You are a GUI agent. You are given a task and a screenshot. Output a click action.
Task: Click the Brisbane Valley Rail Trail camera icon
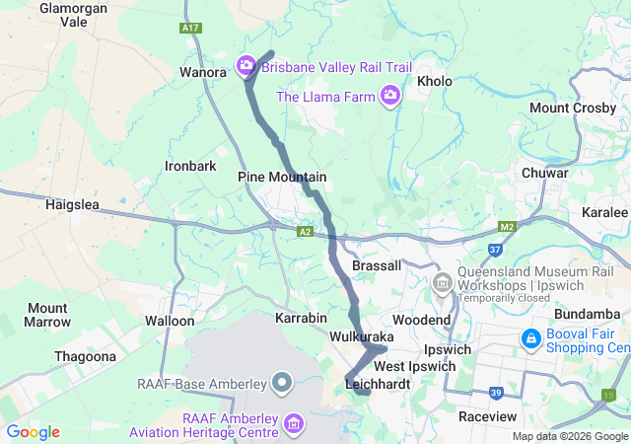(245, 67)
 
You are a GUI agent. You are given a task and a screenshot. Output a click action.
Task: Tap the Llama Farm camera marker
(390, 96)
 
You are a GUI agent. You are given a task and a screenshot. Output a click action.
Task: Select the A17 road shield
(191, 29)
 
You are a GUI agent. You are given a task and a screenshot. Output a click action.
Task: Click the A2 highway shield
(306, 231)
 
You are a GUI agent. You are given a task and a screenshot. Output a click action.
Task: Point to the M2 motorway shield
(507, 228)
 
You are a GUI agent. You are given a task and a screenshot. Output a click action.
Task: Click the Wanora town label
(204, 72)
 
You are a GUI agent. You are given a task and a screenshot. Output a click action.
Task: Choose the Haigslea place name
(74, 204)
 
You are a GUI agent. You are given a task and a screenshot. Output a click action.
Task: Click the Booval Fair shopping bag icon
(530, 339)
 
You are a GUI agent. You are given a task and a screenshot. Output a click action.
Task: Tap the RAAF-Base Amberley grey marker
(282, 381)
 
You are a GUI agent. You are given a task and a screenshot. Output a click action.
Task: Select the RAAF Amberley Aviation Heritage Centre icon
(293, 424)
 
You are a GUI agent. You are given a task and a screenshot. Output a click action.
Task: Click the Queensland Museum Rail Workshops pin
(442, 282)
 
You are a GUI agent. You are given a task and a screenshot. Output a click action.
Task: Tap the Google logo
(33, 432)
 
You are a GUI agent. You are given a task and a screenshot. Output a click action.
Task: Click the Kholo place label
(435, 81)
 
